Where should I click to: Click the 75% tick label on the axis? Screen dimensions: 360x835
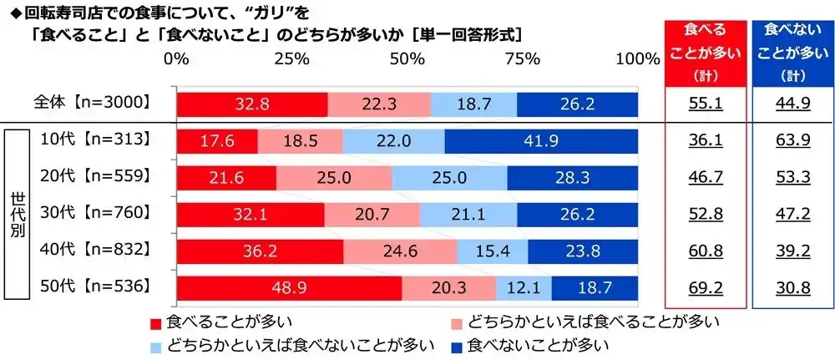click(x=522, y=58)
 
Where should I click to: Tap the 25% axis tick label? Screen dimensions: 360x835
click(x=291, y=58)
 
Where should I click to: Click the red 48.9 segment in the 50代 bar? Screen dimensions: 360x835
click(x=289, y=288)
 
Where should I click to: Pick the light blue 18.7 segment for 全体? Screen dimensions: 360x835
click(x=473, y=104)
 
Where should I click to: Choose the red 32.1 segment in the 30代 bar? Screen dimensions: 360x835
click(x=250, y=215)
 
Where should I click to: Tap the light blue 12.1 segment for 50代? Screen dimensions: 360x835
click(x=523, y=288)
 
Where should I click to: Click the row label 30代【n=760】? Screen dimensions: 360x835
click(x=95, y=213)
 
